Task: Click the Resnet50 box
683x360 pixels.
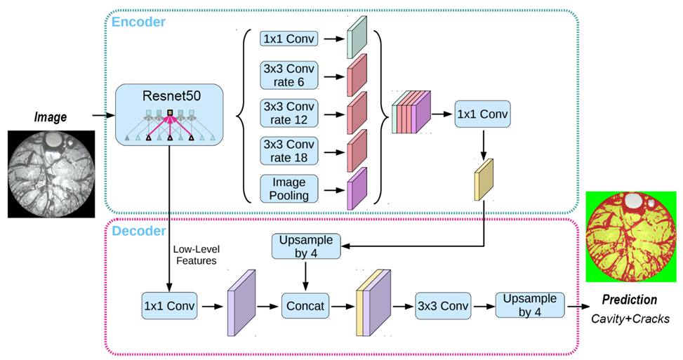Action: pyautogui.click(x=168, y=114)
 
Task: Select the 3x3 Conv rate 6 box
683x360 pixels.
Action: pyautogui.click(x=289, y=76)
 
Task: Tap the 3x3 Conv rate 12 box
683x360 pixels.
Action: pyautogui.click(x=289, y=114)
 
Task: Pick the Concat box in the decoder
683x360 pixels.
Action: pyautogui.click(x=306, y=306)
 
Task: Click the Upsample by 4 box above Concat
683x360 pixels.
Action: pyautogui.click(x=306, y=246)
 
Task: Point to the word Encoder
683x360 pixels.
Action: pyautogui.click(x=139, y=22)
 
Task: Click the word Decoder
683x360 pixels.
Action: pyautogui.click(x=140, y=230)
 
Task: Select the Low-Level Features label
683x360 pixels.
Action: pyautogui.click(x=195, y=254)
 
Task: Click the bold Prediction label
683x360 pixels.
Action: pyautogui.click(x=629, y=300)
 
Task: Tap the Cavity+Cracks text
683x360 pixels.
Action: pyautogui.click(x=629, y=319)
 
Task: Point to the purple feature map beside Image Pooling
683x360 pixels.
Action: pyautogui.click(x=357, y=189)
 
